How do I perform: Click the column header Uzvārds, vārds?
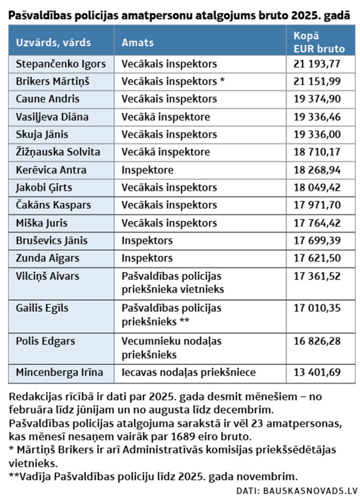point(53,42)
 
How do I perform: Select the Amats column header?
point(138,42)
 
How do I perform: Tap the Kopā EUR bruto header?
point(319,42)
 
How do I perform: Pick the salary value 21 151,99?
point(319,81)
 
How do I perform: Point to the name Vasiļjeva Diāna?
point(52,117)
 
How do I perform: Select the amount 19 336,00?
point(319,134)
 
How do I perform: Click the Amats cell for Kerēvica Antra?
point(147,170)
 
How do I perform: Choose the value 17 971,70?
point(319,205)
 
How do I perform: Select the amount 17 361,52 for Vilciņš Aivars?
point(319,276)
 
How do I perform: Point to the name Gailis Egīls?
point(42,308)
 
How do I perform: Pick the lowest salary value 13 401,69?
point(319,373)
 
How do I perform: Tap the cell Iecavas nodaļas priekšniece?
point(189,373)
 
